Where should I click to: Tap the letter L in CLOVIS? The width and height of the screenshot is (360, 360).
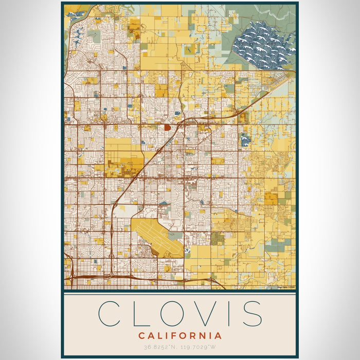tap(142, 313)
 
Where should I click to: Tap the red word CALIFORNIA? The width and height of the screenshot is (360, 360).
tap(180, 336)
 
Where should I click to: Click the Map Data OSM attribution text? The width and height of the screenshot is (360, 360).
tap(286, 287)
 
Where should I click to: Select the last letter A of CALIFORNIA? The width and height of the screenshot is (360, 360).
tap(219, 336)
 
